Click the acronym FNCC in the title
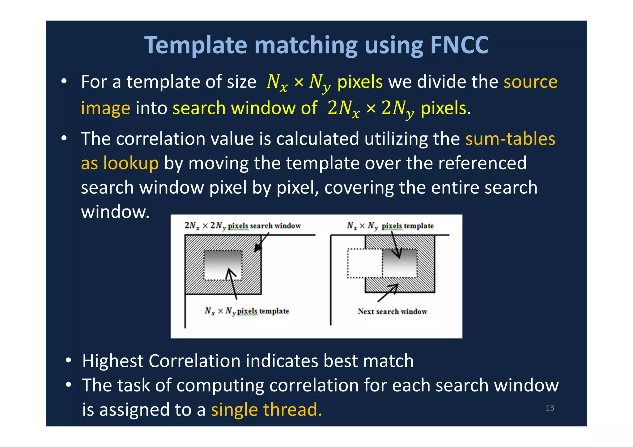[459, 45]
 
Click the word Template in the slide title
[196, 45]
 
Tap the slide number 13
[550, 408]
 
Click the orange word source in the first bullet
[530, 82]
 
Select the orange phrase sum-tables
[510, 139]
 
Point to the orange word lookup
[131, 163]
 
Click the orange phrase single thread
[266, 410]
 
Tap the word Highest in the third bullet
[113, 361]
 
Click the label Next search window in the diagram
[392, 311]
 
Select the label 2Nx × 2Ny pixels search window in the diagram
[243, 226]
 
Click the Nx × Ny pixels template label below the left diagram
[247, 311]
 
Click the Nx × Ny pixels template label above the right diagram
[390, 226]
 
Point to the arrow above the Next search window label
[388, 293]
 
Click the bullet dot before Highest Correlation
[69, 360]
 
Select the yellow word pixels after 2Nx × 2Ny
[443, 108]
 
